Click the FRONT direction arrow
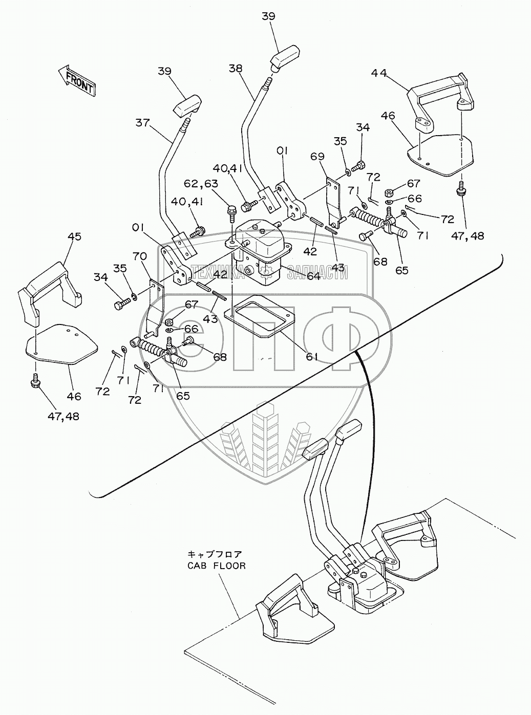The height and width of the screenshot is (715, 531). tap(76, 81)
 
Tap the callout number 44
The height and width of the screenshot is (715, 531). tap(379, 73)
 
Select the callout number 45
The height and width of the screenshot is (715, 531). tap(74, 237)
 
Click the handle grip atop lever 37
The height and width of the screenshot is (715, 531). tap(187, 106)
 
